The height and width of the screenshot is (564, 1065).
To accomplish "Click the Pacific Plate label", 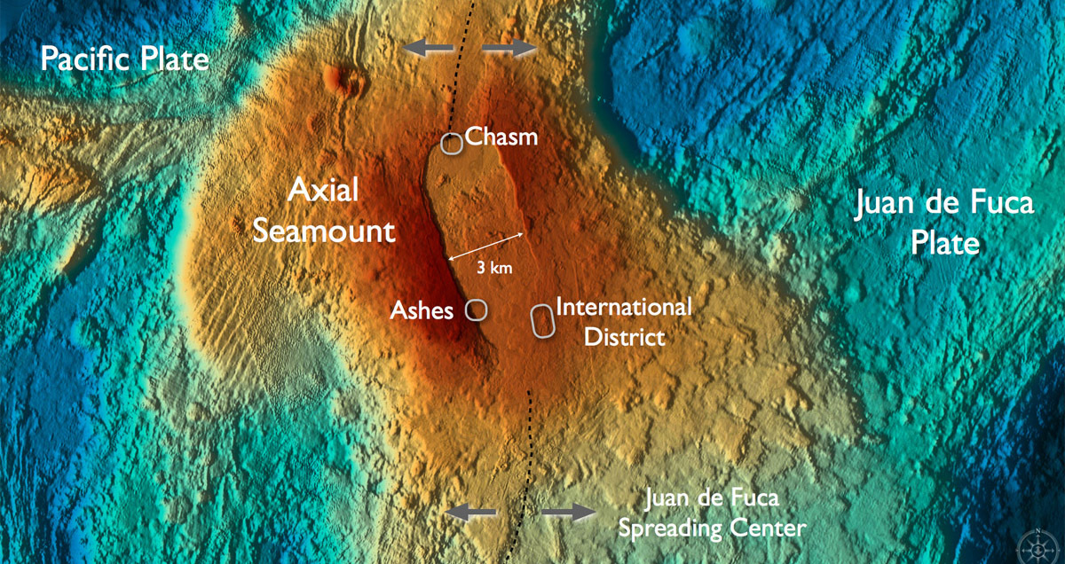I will (x=125, y=60).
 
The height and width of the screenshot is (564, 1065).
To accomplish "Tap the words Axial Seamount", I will (x=323, y=211).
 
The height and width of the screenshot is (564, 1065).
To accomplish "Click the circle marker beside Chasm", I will (x=453, y=144).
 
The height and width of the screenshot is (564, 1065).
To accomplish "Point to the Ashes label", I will (x=422, y=310).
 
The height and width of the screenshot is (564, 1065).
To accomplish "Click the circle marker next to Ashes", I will (x=477, y=309).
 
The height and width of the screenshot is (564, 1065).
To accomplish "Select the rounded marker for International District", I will (x=541, y=321).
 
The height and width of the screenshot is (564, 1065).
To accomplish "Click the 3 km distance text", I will (x=495, y=265).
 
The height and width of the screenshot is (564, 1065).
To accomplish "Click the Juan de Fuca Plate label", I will (x=944, y=223).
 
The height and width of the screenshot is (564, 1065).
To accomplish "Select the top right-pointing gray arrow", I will (x=510, y=48).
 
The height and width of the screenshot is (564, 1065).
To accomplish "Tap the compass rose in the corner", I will (x=1038, y=542).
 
